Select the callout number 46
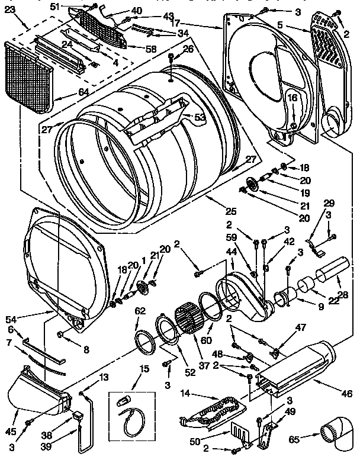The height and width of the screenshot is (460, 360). (x=347, y=393)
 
